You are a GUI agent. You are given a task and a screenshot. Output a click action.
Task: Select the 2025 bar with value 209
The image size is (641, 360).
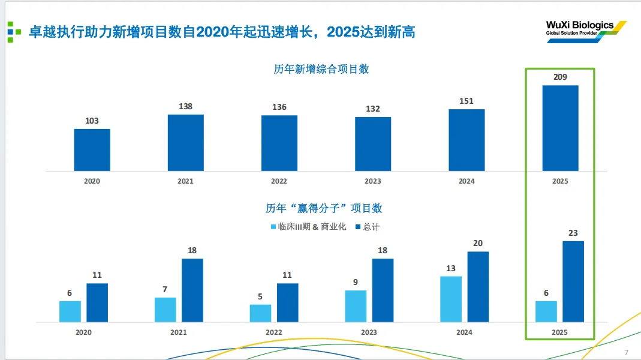point(560,128)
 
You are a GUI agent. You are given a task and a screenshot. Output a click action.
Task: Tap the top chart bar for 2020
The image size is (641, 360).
point(92,149)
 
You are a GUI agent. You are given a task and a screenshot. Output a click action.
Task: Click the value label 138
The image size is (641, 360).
point(186,107)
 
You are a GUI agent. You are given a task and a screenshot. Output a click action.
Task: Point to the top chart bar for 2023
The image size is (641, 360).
point(373,143)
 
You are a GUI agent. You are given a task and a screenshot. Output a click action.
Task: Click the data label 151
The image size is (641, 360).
point(467,101)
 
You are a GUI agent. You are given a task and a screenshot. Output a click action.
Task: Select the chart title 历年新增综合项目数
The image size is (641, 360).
point(321,69)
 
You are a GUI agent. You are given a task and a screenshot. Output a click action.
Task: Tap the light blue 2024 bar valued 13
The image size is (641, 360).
point(451,299)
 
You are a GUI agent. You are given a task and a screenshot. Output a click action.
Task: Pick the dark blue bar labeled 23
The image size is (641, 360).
point(573,281)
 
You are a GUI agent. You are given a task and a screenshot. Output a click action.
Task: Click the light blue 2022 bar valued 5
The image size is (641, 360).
point(260,313)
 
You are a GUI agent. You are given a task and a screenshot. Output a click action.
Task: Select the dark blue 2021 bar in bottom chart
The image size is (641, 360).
point(192,290)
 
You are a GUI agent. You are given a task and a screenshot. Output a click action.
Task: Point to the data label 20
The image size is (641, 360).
point(478,243)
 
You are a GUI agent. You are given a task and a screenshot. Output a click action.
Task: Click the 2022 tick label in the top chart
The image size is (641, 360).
point(279,181)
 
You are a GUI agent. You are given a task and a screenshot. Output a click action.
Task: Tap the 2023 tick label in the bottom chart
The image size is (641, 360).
point(369,332)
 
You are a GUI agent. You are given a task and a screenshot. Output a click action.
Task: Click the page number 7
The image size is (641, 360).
point(626,352)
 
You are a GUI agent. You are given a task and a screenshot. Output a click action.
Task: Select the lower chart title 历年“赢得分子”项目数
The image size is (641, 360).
point(324,209)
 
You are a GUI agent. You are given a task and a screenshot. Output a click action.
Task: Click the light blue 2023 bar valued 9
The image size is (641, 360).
point(356,306)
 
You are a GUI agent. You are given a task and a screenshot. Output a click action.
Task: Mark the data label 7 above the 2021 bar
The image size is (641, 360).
point(165,289)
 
